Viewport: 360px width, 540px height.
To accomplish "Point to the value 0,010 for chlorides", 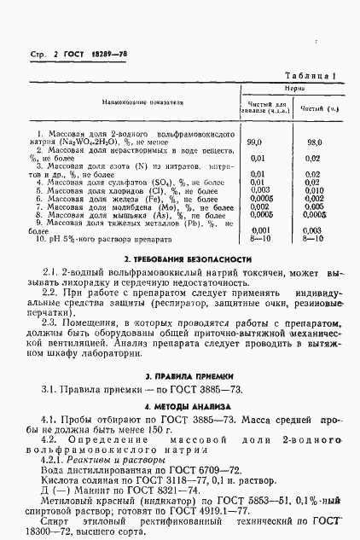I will (x=313, y=192).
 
